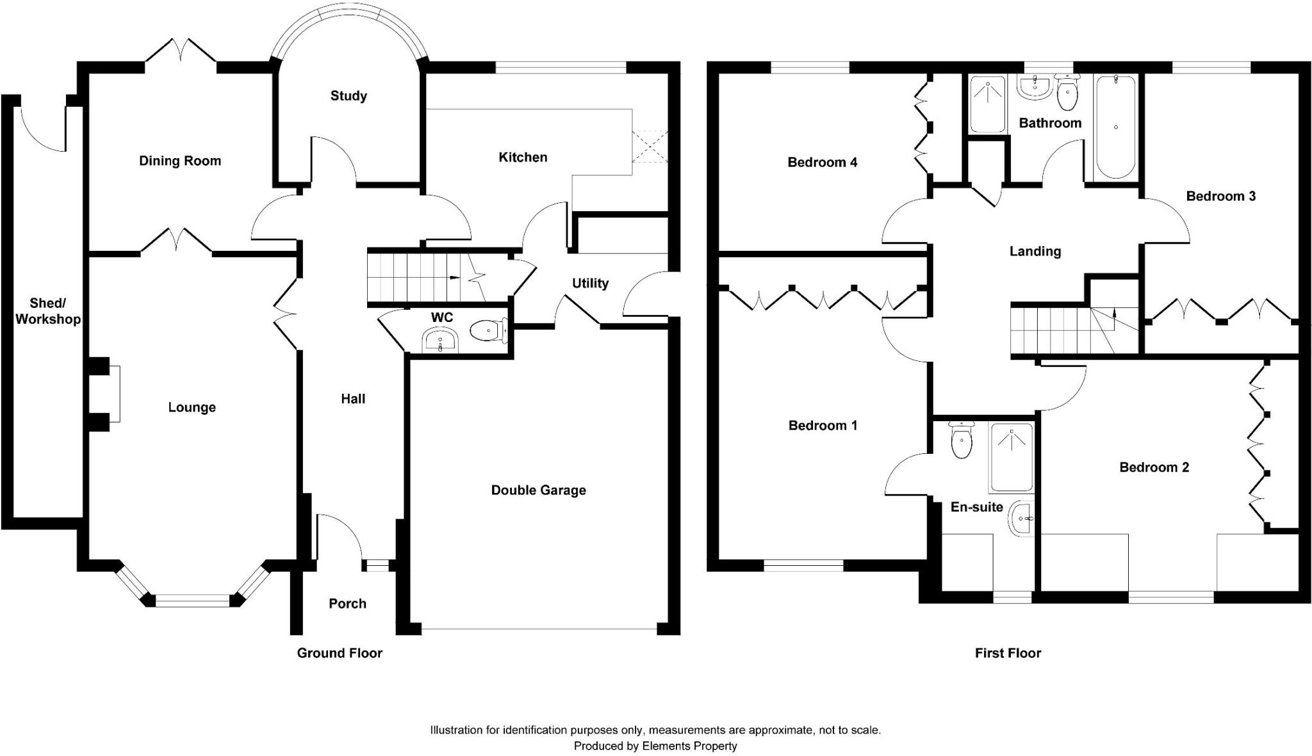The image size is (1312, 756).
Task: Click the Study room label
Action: [348, 96]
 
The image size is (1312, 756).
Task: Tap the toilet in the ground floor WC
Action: [488, 331]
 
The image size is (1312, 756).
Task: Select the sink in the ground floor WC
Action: [440, 340]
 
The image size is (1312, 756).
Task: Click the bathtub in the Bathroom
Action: [1115, 127]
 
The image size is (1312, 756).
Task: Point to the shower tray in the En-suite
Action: [1012, 457]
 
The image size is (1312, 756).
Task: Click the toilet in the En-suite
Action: [961, 441]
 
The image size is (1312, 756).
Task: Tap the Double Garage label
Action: [538, 490]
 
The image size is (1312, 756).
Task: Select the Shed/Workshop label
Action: [47, 311]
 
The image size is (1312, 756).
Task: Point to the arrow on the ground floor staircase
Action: [454, 277]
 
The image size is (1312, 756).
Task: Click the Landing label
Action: [1035, 252]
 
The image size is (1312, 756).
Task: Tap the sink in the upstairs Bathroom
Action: [1033, 86]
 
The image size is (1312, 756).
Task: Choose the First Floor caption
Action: [1008, 653]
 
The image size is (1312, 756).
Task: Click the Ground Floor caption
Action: [340, 653]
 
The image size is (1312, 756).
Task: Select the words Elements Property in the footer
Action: [689, 746]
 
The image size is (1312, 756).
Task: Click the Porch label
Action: [347, 604]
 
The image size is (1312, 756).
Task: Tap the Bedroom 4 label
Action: [822, 163]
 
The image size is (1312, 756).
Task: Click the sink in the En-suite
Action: [1021, 518]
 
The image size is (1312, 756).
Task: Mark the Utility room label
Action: [590, 284]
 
